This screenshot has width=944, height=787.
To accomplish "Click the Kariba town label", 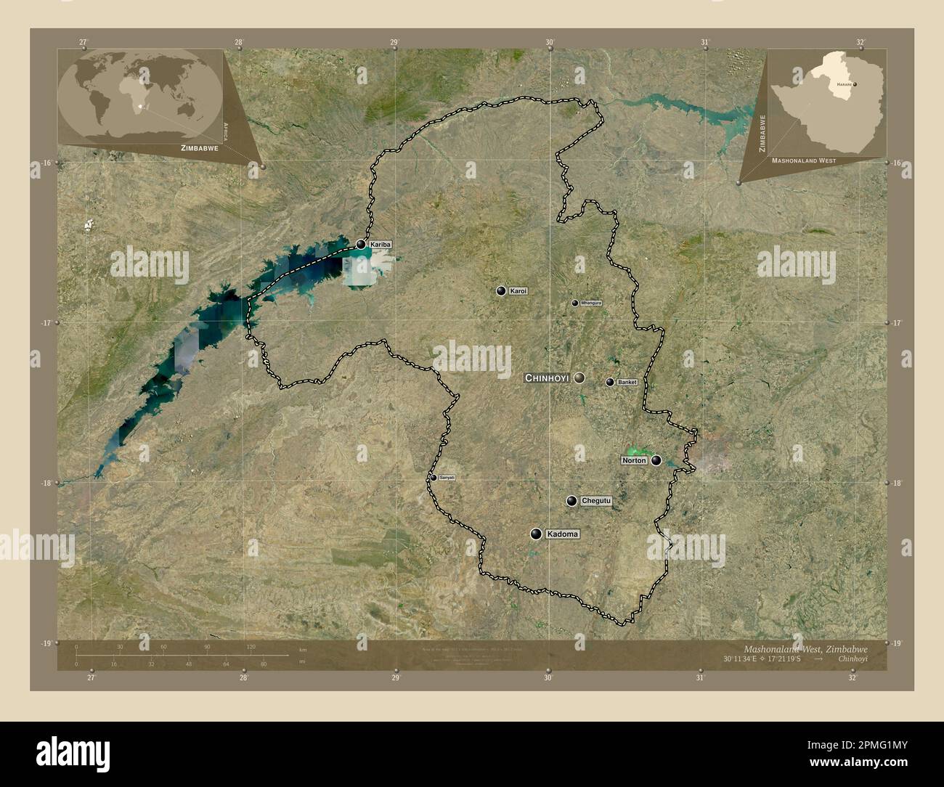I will coord(381,245).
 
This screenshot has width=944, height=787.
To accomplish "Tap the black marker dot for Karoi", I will coord(500,291).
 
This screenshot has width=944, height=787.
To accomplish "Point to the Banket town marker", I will coord(610,382).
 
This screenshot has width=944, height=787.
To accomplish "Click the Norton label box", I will coord(634,460).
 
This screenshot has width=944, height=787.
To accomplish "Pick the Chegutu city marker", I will coord(572,501).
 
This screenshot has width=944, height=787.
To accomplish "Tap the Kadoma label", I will coord(563,534).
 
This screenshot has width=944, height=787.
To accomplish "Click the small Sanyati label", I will coord(447,477).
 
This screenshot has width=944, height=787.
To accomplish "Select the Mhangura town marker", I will coord(575,303).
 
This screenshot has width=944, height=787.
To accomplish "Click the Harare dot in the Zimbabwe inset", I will coord(855,85).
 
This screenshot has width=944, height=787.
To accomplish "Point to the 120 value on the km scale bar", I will coord(251,646).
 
